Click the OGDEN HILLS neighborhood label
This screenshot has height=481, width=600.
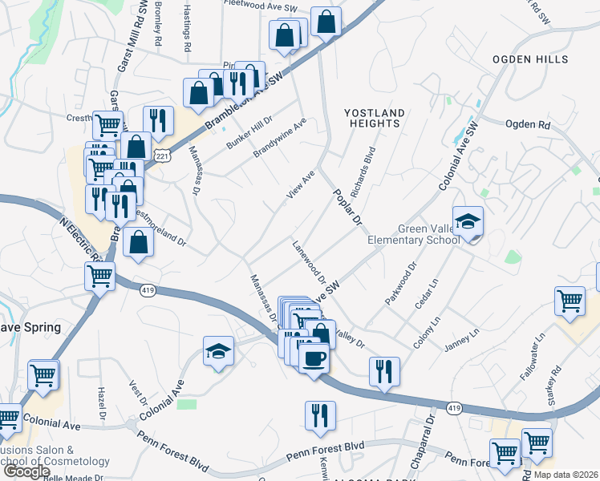(530, 59)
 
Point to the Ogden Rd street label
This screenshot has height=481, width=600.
(527, 125)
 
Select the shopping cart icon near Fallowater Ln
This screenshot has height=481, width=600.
(570, 301)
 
